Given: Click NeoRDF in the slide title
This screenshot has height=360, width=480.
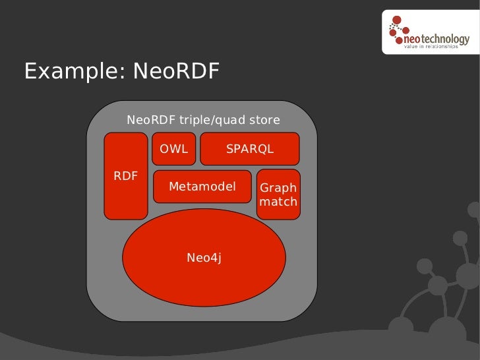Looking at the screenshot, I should (x=175, y=71).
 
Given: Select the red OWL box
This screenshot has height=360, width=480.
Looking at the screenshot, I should (x=173, y=149).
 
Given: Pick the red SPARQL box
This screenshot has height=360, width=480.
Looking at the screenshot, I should (x=249, y=149).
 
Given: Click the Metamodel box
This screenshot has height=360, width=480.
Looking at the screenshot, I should (x=202, y=187).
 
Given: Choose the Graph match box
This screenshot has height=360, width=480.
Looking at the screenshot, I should (x=278, y=194).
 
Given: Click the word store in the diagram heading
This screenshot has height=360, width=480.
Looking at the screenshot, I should (x=264, y=120).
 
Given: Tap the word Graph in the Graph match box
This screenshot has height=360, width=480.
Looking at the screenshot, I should (x=278, y=188).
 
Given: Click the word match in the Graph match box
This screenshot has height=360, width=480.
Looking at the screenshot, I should (x=278, y=202).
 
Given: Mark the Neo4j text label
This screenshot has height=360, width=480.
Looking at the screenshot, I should (x=204, y=258).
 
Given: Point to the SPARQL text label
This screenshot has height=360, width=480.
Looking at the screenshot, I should (x=249, y=149).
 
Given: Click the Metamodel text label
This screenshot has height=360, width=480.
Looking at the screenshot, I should (x=202, y=187).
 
